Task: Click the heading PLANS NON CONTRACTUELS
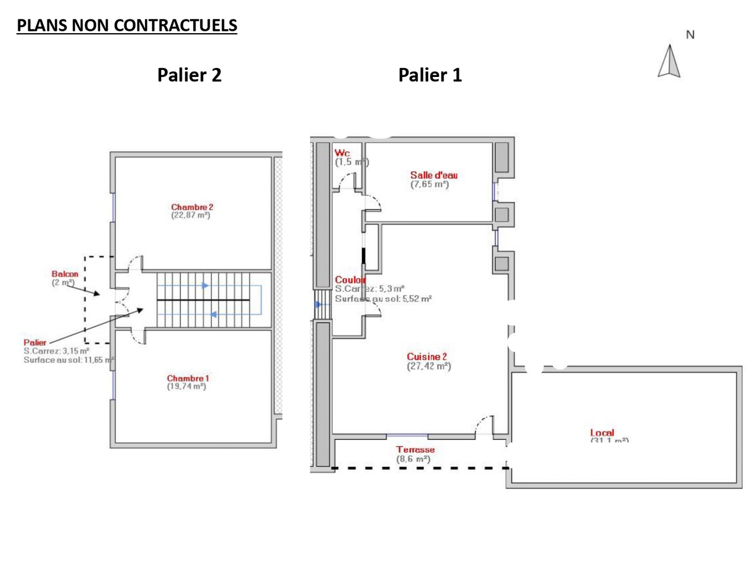click(127, 25)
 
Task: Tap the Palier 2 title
click(189, 75)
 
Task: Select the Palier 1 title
click(430, 75)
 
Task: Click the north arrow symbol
click(669, 62)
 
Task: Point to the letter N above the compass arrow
click(690, 35)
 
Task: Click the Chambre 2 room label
click(192, 207)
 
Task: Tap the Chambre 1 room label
click(188, 378)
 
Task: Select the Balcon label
click(65, 274)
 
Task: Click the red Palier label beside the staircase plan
click(35, 342)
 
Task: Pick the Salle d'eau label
click(433, 175)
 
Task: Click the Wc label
click(342, 153)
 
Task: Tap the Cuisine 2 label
click(426, 356)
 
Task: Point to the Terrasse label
click(415, 449)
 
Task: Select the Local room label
click(602, 433)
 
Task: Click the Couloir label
click(350, 280)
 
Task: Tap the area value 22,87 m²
click(191, 216)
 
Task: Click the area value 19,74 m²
click(187, 387)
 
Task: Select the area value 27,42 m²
click(429, 366)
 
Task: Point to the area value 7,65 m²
click(430, 184)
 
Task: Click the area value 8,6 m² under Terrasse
click(413, 459)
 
